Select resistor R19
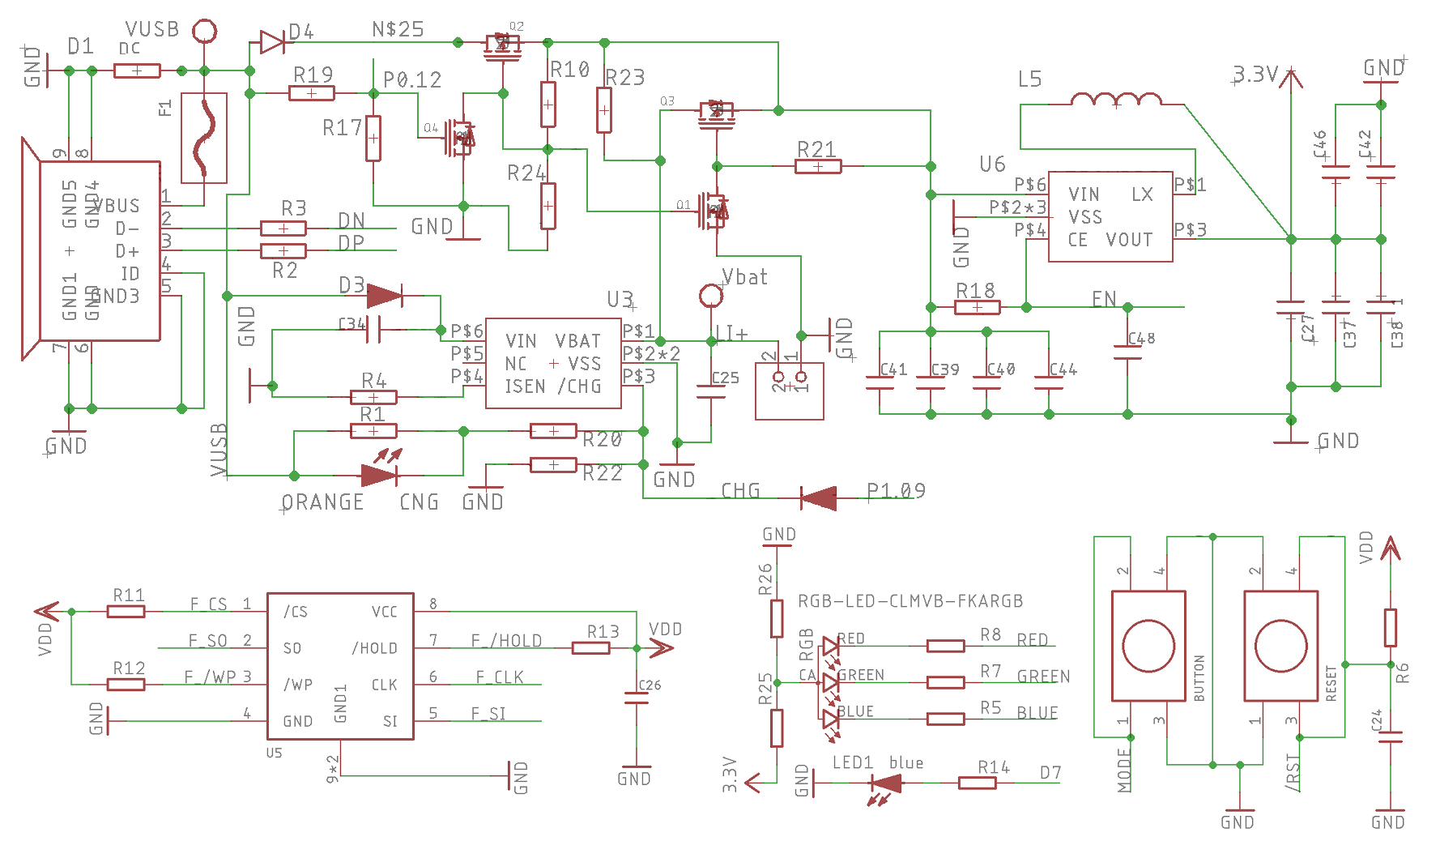click(x=312, y=93)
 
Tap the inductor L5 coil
click(x=1116, y=100)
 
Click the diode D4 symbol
click(x=272, y=42)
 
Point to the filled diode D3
click(x=384, y=296)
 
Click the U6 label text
click(x=992, y=164)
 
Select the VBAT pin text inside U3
click(x=577, y=341)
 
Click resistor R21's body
click(x=818, y=166)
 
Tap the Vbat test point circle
click(x=710, y=296)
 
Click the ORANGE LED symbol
click(x=379, y=475)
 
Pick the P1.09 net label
click(x=895, y=491)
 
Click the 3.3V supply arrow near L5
click(x=1291, y=79)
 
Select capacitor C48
click(x=1127, y=352)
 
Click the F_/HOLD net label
click(x=506, y=641)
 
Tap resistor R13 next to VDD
click(x=590, y=647)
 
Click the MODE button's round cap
click(x=1148, y=646)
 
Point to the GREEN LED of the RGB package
click(x=830, y=682)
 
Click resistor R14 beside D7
click(x=977, y=783)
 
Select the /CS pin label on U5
click(x=296, y=612)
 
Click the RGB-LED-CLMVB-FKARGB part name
click(x=910, y=601)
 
